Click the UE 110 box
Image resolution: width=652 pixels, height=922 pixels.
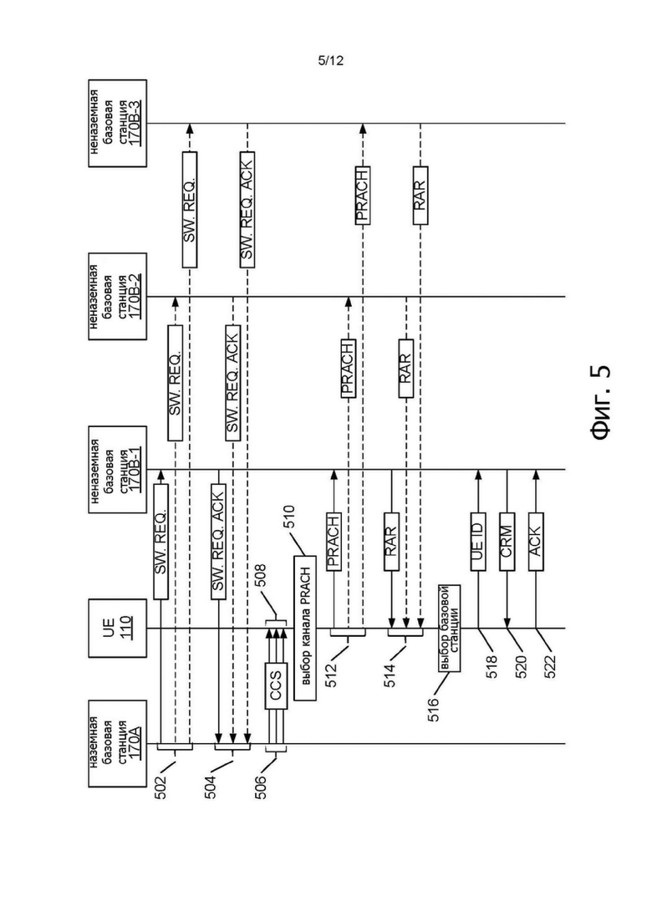[118, 629]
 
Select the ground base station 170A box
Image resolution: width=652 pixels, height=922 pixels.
[118, 743]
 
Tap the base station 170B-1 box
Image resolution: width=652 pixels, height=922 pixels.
[118, 469]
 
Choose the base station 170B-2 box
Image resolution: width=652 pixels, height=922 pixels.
[118, 297]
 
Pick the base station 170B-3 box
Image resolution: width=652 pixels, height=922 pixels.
[118, 124]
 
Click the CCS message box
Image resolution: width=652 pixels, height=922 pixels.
[276, 686]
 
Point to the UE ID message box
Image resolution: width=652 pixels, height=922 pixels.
[478, 542]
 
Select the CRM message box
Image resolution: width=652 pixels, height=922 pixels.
[507, 542]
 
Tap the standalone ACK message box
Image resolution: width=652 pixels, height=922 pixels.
[536, 542]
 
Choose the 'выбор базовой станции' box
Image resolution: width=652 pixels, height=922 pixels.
[449, 628]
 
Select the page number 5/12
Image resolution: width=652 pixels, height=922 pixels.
[330, 60]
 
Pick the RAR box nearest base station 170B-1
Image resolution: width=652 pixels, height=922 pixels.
[391, 542]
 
